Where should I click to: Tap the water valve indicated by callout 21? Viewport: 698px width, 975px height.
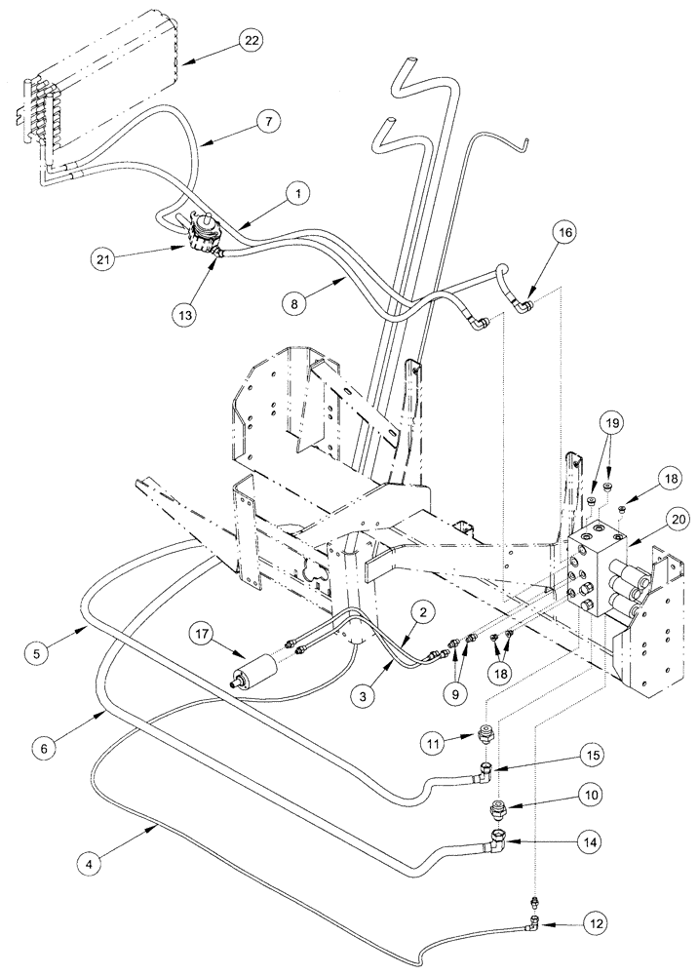tap(203, 235)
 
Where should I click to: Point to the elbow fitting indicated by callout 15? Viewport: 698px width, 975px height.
tap(485, 775)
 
